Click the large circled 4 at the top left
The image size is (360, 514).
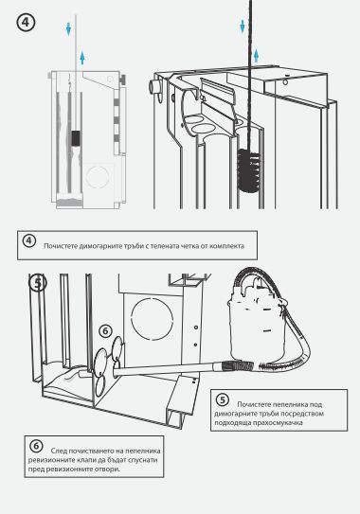[x=26, y=23]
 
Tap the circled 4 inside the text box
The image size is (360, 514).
[x=28, y=241]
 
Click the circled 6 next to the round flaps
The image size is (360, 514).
[x=105, y=331]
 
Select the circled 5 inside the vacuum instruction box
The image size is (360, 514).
[x=223, y=399]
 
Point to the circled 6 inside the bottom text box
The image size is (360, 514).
[x=36, y=446]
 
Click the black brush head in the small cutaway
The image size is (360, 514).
[x=76, y=138]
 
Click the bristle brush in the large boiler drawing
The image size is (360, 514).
[x=248, y=170]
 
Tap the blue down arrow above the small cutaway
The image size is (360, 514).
[x=68, y=28]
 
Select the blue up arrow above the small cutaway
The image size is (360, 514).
[x=82, y=58]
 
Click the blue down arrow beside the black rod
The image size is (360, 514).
[x=243, y=27]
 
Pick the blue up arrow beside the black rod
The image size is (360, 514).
[x=256, y=56]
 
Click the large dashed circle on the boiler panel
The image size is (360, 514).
[x=152, y=318]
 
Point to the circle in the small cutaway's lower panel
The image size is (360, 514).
[x=98, y=177]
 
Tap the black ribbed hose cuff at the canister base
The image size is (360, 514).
[x=237, y=364]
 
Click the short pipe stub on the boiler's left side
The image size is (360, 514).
[x=153, y=87]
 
